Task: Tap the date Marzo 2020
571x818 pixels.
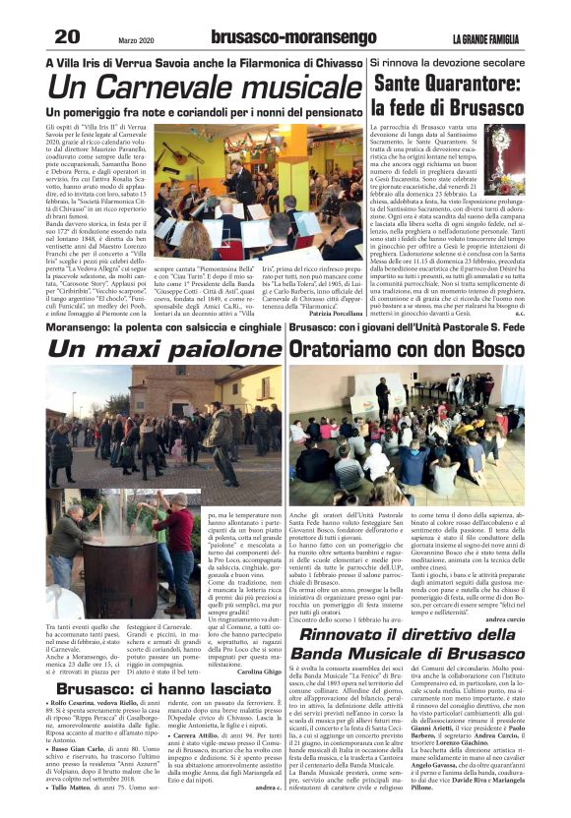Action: (x=138, y=39)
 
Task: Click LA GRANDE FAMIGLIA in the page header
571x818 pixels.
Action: (x=488, y=38)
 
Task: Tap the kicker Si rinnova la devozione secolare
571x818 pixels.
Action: (x=448, y=61)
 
